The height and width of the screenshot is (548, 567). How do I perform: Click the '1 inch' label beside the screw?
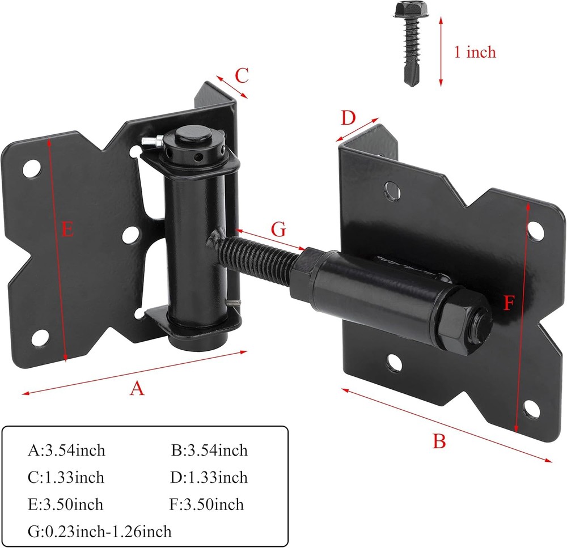(x=475, y=52)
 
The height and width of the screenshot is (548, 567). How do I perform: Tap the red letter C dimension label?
(x=242, y=75)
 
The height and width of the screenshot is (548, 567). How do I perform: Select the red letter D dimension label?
(x=348, y=118)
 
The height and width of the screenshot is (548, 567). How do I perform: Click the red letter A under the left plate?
(x=136, y=388)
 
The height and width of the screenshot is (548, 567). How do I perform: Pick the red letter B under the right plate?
(x=439, y=440)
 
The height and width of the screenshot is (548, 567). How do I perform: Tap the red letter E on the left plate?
(x=68, y=230)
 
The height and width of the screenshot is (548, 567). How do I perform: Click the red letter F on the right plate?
(x=509, y=304)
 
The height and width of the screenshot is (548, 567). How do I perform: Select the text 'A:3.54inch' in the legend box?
(x=66, y=451)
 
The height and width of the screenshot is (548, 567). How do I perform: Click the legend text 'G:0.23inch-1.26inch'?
(x=100, y=531)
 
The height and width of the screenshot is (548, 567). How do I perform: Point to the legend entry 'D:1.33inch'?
(x=209, y=478)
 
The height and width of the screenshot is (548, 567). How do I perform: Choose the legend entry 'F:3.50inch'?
(x=206, y=504)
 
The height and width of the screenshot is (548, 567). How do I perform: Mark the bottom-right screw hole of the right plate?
(x=533, y=407)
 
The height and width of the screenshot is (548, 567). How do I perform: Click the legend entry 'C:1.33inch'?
(x=66, y=478)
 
